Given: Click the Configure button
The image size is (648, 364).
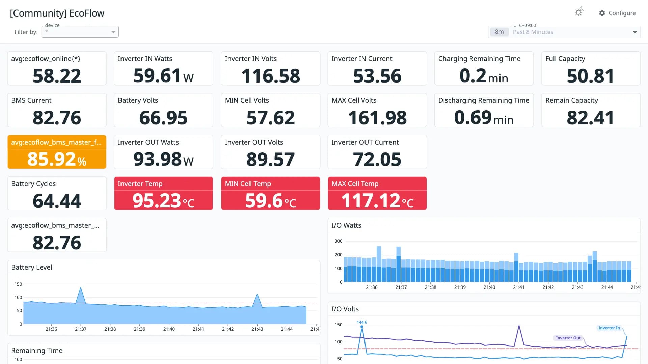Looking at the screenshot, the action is coord(617,13).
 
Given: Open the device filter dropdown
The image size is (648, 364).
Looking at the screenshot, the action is coord(80,32).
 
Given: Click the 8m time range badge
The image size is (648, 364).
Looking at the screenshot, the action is coord(499,32).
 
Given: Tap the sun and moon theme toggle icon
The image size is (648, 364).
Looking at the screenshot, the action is coord(579,12).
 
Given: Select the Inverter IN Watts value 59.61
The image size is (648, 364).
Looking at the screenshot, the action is coord(157,75).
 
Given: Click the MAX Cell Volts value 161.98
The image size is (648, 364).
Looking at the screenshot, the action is coord(377,118).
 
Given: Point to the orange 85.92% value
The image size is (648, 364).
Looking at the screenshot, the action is coord(57,159).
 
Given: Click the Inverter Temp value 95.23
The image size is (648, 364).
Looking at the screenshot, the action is coord(157,201).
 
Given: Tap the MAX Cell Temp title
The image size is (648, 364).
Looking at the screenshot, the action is coord(355,184).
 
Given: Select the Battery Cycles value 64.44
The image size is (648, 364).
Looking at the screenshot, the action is coord(57,201).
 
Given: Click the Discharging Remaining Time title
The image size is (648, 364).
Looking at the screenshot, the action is coord(484,100).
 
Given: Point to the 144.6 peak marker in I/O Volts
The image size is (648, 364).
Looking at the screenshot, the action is coord(362,327).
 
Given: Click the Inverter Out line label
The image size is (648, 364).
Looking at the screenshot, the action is coord(568,338).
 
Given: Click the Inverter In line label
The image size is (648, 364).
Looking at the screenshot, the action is coord(609,328).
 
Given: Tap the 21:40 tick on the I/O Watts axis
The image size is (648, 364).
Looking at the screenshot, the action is coord(489,287).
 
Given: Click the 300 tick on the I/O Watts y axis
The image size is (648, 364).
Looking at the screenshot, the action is coord(339,241).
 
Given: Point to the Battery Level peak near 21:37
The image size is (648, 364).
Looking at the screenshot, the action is coord(81,287).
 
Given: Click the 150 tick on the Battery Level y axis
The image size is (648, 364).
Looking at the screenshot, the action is coord(18,284).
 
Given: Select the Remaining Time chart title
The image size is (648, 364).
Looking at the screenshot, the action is coord(37,351).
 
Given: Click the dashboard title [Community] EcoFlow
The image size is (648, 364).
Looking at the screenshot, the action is coord(57,13).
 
